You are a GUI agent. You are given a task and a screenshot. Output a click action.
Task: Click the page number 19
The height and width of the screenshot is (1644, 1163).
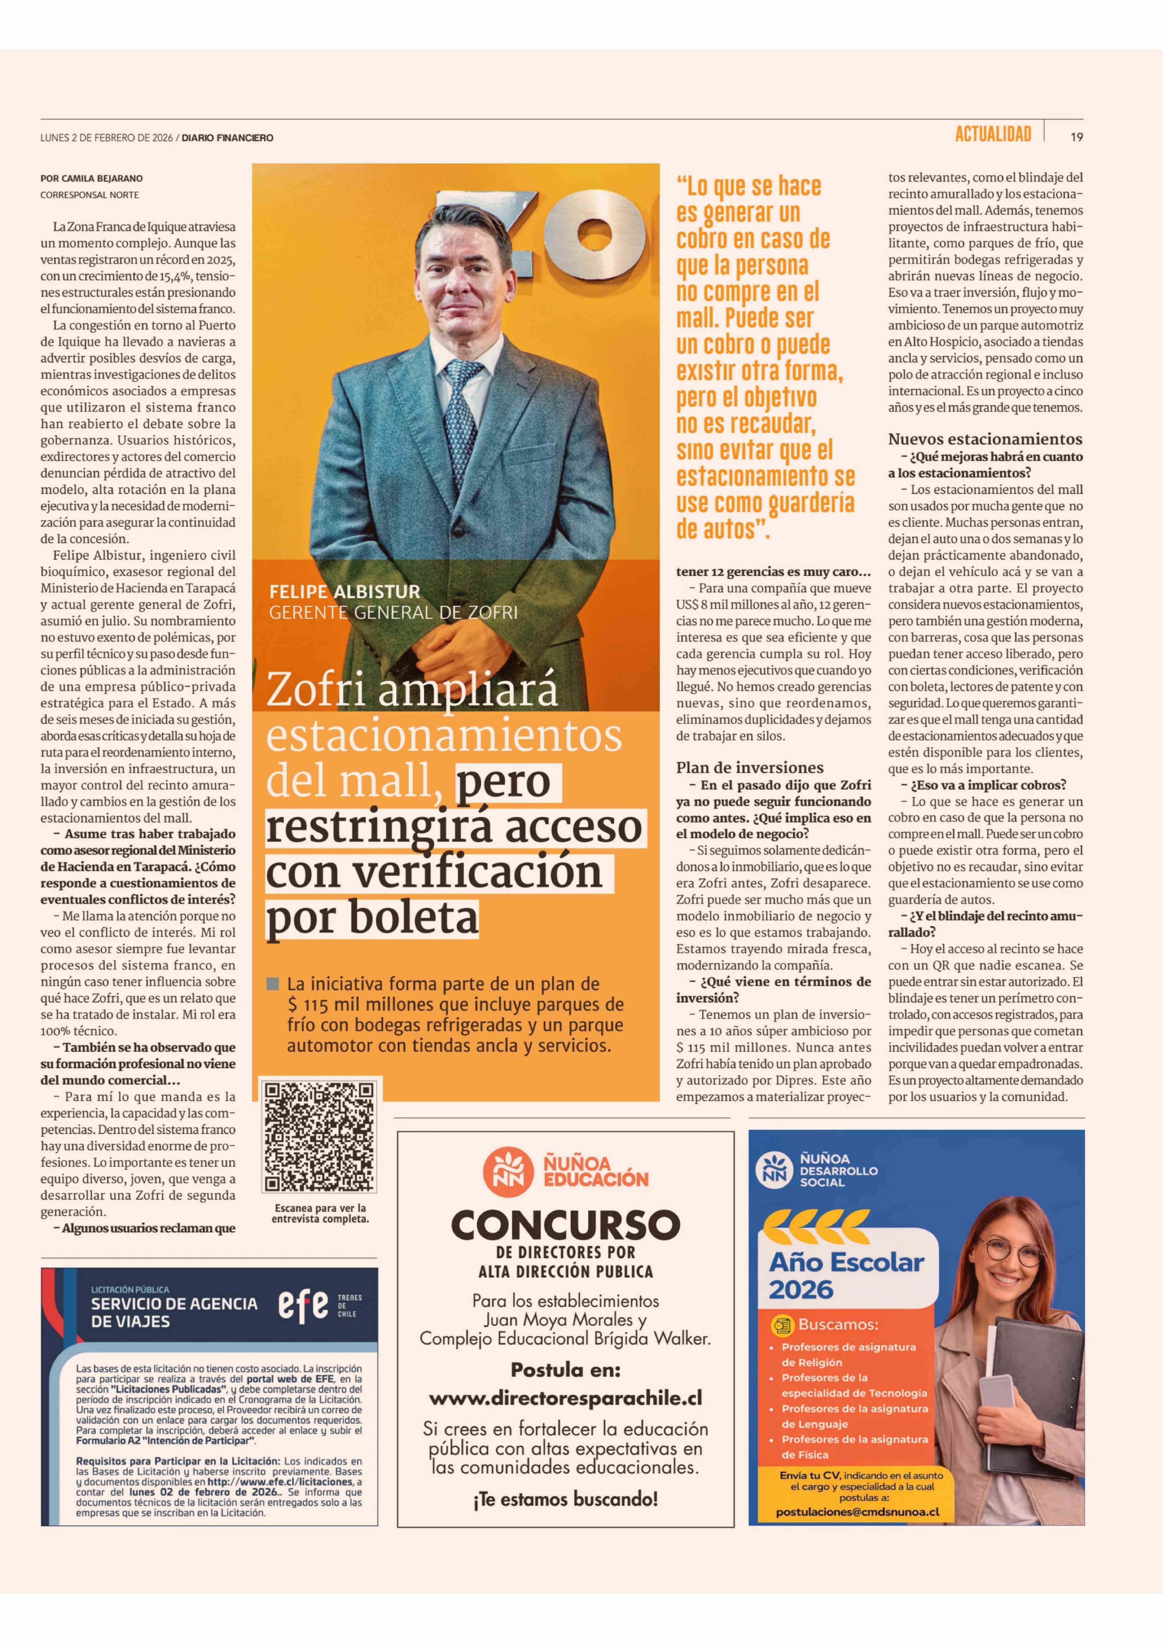click(x=1076, y=137)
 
